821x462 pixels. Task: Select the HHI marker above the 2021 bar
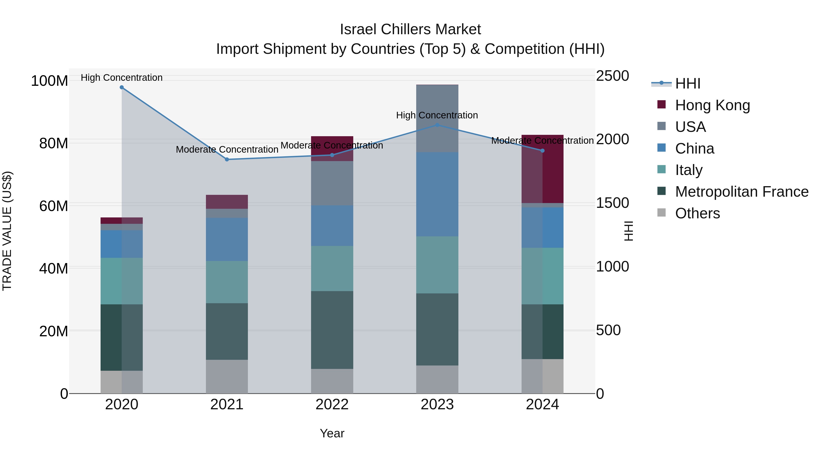pyautogui.click(x=227, y=159)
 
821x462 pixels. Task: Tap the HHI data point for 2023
pyautogui.click(x=437, y=125)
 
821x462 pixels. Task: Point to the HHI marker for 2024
pyautogui.click(x=543, y=151)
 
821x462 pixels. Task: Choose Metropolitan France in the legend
pyautogui.click(x=742, y=192)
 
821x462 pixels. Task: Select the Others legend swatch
pyautogui.click(x=662, y=213)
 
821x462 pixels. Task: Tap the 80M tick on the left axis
pyautogui.click(x=54, y=144)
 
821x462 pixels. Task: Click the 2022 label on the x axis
pyautogui.click(x=332, y=405)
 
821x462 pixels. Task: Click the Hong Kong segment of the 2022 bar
pyautogui.click(x=332, y=149)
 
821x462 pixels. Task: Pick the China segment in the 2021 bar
pyautogui.click(x=227, y=240)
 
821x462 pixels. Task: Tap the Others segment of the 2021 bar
pyautogui.click(x=227, y=376)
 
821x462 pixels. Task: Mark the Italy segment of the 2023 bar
pyautogui.click(x=437, y=265)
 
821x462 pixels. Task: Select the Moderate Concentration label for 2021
pyautogui.click(x=227, y=149)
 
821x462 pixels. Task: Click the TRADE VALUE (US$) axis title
pyautogui.click(x=7, y=231)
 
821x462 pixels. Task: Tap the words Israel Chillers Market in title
pyautogui.click(x=410, y=29)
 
